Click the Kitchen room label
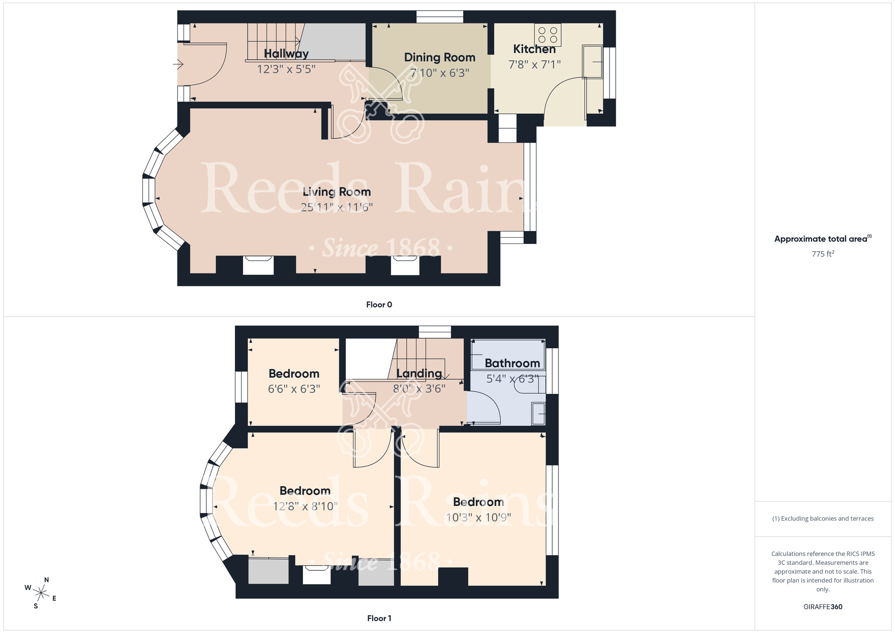pyautogui.click(x=534, y=49)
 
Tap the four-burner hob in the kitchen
pyautogui.click(x=548, y=35)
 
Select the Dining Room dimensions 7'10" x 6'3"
pyautogui.click(x=439, y=73)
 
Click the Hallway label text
pyautogui.click(x=286, y=54)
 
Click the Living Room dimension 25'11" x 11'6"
pyautogui.click(x=337, y=207)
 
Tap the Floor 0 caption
pyautogui.click(x=379, y=304)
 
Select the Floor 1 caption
pyautogui.click(x=379, y=618)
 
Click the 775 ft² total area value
pyautogui.click(x=823, y=254)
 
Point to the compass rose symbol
pyautogui.click(x=41, y=594)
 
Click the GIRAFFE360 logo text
pyautogui.click(x=823, y=607)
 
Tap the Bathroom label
pyautogui.click(x=512, y=363)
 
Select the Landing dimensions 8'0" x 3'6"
pyautogui.click(x=419, y=389)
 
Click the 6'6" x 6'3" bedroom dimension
pyautogui.click(x=294, y=389)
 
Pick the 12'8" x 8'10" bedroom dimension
pyautogui.click(x=305, y=506)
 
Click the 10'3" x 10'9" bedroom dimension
pyautogui.click(x=478, y=518)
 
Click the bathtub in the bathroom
pyautogui.click(x=508, y=354)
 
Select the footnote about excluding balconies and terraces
pyautogui.click(x=823, y=518)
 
